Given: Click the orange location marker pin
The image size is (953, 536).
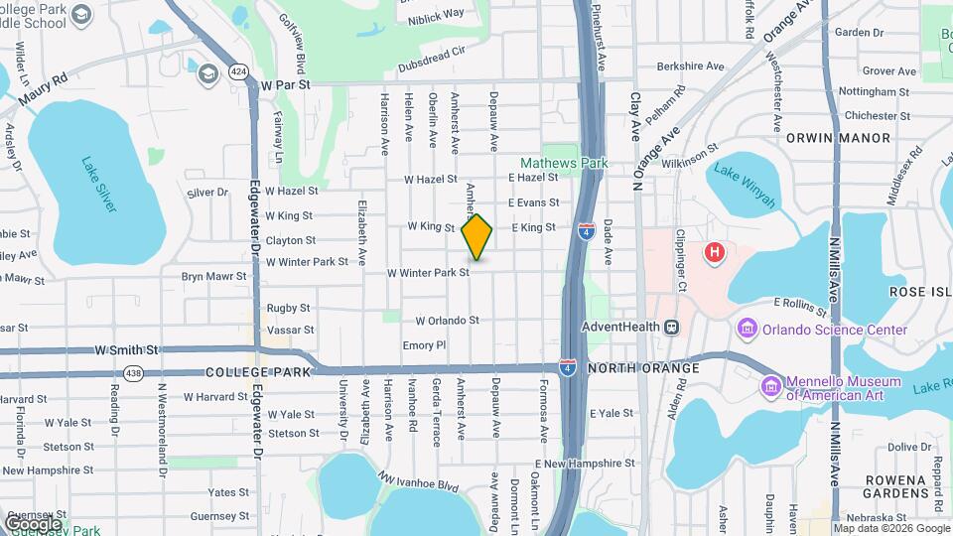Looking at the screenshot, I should (x=476, y=236).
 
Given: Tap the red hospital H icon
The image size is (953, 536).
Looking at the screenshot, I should (x=713, y=253).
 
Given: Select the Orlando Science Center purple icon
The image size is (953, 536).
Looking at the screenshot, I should (x=746, y=328).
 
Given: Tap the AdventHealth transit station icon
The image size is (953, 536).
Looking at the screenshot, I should (x=672, y=327).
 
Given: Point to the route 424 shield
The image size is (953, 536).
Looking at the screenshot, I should (x=237, y=71).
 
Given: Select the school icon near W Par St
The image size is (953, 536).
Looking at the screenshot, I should (x=207, y=73).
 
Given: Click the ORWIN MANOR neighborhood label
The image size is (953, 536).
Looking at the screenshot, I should (x=826, y=139).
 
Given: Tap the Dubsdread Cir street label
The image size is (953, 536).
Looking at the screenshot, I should (x=431, y=52).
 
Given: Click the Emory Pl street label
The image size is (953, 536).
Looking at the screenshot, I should (x=424, y=345).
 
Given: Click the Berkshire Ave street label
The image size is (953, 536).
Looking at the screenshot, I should (x=690, y=67).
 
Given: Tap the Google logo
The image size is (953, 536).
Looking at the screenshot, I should (x=32, y=523).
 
